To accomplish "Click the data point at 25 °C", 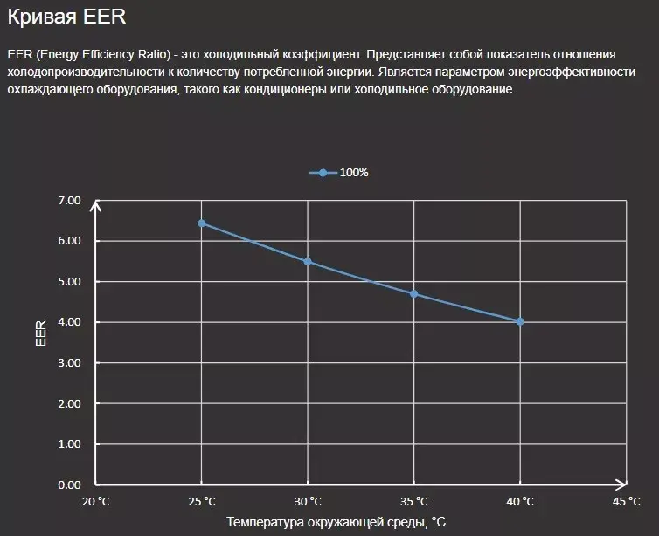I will coord(202,223).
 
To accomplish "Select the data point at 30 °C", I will coord(308,262).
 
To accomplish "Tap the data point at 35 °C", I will coord(414,294).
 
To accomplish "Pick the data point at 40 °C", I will coord(520,322).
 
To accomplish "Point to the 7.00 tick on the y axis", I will coord(68,201).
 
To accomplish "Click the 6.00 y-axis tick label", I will coord(68,241).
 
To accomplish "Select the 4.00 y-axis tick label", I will coord(68,322).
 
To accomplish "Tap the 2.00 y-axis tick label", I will coord(68,403).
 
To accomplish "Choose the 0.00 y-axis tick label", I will coord(68,484).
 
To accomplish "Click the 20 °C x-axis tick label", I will coord(96,502).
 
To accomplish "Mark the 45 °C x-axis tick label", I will coord(627,502).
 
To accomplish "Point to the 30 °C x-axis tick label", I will coord(308,502).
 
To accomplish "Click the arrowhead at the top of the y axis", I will coord(96,206).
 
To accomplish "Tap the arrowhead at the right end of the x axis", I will coord(621,484).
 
